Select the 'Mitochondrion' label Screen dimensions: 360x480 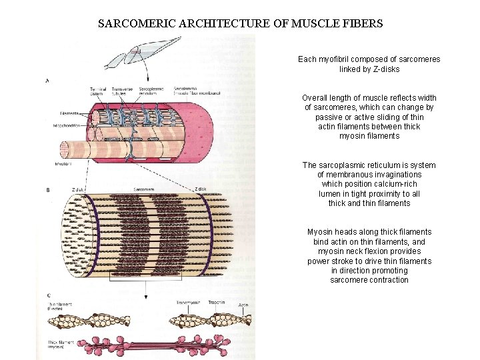pyautogui.click(x=67, y=125)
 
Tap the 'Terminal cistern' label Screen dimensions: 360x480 pyautogui.click(x=98, y=91)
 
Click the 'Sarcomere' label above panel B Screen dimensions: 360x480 pyautogui.click(x=143, y=189)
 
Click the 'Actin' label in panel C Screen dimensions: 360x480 pyautogui.click(x=243, y=305)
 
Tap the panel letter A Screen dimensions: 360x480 pyautogui.click(x=47, y=81)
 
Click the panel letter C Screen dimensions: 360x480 pyautogui.click(x=48, y=295)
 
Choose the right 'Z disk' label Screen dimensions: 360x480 pyautogui.click(x=201, y=189)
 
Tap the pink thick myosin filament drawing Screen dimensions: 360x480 pyautogui.click(x=160, y=346)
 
